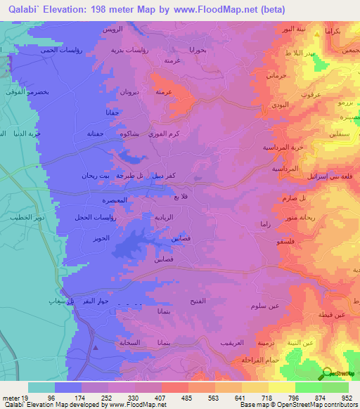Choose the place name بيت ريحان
[95, 175]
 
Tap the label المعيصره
[114, 200]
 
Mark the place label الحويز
[102, 239]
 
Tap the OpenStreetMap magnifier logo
[328, 373]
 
